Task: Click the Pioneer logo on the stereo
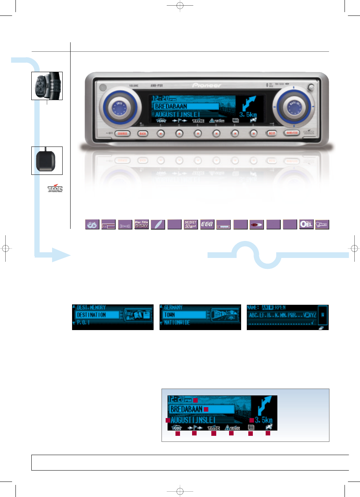207,85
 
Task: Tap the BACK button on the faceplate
143,133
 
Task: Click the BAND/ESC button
292,133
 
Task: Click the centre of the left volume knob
119,107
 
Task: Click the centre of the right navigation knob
294,107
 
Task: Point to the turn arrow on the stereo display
248,103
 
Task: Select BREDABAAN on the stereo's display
171,106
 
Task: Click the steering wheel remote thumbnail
47,86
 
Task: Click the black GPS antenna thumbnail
47,161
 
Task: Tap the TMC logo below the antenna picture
55,188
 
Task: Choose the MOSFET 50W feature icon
191,224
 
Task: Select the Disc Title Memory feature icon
142,224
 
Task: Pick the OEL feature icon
306,224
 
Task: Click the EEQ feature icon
207,224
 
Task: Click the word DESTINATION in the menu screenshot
91,315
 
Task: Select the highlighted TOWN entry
169,315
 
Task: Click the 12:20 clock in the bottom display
177,399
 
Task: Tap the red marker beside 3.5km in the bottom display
252,420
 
